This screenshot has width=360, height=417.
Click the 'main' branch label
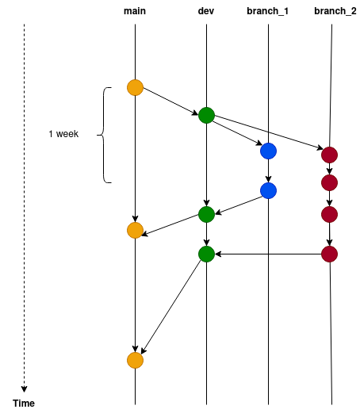[135, 11]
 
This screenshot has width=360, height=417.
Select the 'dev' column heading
[206, 11]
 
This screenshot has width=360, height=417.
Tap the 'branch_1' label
[267, 11]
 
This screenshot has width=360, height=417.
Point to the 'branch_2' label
[335, 11]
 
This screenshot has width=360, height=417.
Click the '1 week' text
[63, 134]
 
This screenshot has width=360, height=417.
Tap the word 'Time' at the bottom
[24, 404]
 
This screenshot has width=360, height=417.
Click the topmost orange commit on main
[135, 87]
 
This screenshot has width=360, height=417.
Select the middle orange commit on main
[135, 231]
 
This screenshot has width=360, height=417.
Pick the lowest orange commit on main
[135, 361]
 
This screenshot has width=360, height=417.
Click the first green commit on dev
[206, 115]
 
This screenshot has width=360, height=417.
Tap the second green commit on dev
[206, 214]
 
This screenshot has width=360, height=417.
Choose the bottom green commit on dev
[206, 254]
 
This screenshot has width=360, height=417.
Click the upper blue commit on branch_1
[268, 151]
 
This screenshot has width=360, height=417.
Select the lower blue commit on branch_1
[268, 191]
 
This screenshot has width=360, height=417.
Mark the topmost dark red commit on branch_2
[329, 155]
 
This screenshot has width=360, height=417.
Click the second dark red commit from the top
[329, 182]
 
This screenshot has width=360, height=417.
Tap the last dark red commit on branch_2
[329, 254]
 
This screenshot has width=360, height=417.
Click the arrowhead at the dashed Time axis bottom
[24, 389]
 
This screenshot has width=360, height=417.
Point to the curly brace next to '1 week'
[104, 135]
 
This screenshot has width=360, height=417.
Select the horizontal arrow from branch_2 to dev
[268, 254]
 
